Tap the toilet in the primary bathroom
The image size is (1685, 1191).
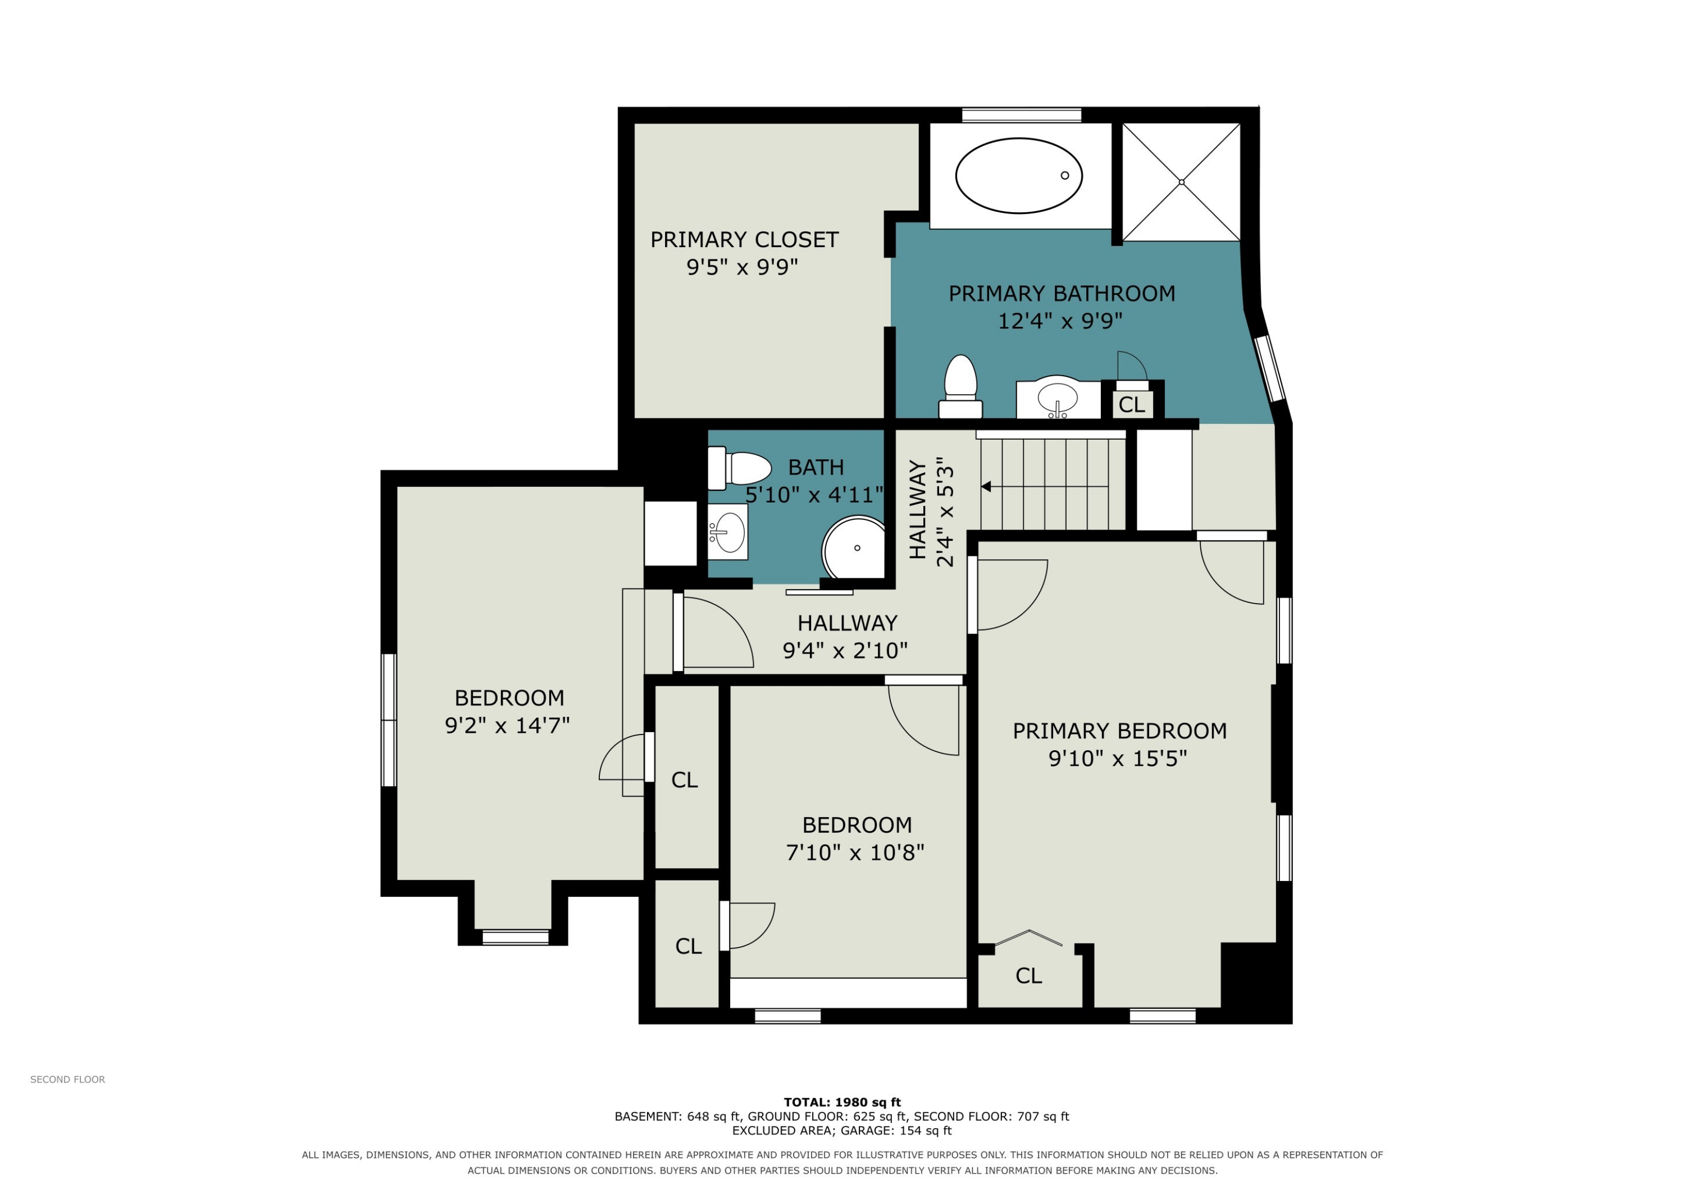pos(960,387)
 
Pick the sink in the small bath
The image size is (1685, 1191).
pos(728,532)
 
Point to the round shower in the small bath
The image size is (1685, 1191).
pos(854,547)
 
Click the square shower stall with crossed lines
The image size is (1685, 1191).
pos(1181,182)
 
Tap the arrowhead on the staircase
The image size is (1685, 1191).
pos(986,486)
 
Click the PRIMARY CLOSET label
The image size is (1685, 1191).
pos(744,240)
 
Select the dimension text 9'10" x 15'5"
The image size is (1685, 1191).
pos(1118,758)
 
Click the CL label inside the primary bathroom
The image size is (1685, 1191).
pos(1132,404)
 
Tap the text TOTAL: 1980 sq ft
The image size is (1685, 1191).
pos(842,1102)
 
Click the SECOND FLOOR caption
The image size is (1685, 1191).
pos(67,1079)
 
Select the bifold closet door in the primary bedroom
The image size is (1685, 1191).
pos(1029,937)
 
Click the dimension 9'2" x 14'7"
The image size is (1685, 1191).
pos(507,725)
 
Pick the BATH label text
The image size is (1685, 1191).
pos(816,467)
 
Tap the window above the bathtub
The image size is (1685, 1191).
pos(1022,115)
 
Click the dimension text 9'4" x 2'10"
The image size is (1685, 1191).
pos(845,651)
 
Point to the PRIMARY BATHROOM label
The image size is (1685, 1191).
pos(1062,294)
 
